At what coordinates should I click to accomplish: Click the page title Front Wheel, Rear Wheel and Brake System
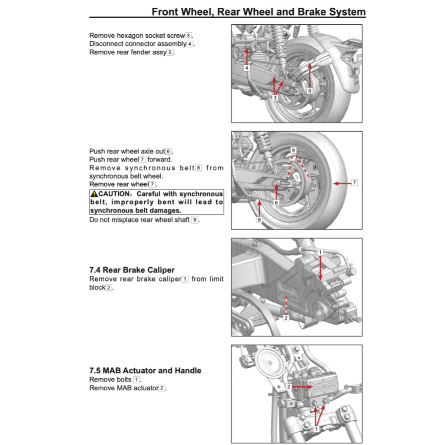tap(259, 12)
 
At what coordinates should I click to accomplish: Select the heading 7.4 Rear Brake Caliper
tap(132, 270)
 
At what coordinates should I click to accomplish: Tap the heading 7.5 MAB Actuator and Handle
tap(145, 371)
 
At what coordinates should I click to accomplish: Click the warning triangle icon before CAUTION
tap(94, 194)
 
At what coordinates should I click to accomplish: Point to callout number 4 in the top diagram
tap(246, 68)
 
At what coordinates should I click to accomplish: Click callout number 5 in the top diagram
tap(309, 91)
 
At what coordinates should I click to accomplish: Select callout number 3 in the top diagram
tap(275, 98)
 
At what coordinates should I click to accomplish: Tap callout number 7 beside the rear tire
tap(354, 182)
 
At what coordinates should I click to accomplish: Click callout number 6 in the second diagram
tap(276, 203)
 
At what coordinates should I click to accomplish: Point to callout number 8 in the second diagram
tap(259, 220)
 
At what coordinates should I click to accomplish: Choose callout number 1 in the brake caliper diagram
tap(320, 252)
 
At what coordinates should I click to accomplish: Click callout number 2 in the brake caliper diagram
tap(286, 318)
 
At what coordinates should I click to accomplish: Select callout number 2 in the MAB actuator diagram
tap(289, 386)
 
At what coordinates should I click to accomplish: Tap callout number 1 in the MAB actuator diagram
tap(316, 428)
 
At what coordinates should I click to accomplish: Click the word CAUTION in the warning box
tap(114, 194)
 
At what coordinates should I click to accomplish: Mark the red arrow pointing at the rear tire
tap(342, 183)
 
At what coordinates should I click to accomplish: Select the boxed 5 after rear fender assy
tap(170, 53)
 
